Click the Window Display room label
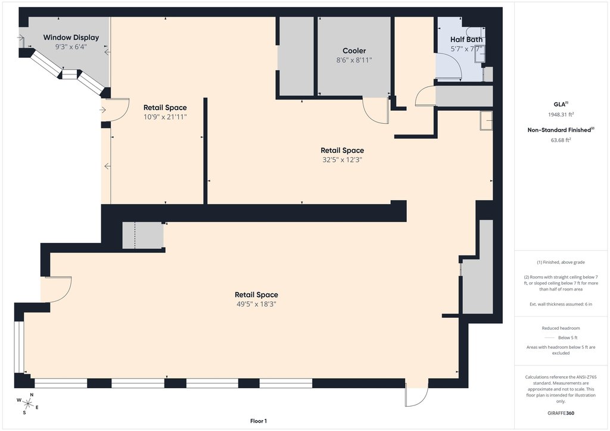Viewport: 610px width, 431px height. (x=71, y=38)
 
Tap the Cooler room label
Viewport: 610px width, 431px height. (x=354, y=51)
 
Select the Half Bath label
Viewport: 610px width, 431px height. (x=466, y=39)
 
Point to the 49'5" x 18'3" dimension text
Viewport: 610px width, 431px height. (x=256, y=304)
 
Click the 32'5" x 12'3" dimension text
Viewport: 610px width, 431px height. (x=343, y=160)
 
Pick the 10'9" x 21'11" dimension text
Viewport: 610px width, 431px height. (x=166, y=117)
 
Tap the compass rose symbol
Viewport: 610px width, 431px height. (x=27, y=404)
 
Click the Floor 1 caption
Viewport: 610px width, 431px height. (x=259, y=421)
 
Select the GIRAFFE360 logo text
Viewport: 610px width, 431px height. (x=561, y=413)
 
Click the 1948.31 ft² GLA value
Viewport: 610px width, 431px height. (x=561, y=114)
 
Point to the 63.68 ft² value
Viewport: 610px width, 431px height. (x=561, y=140)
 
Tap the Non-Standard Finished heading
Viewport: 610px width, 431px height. (x=561, y=130)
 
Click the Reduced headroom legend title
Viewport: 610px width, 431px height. (x=561, y=328)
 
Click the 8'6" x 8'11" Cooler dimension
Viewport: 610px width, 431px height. (x=354, y=60)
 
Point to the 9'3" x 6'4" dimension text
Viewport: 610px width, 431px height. (x=71, y=46)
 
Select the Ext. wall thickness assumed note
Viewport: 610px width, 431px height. (x=561, y=304)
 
